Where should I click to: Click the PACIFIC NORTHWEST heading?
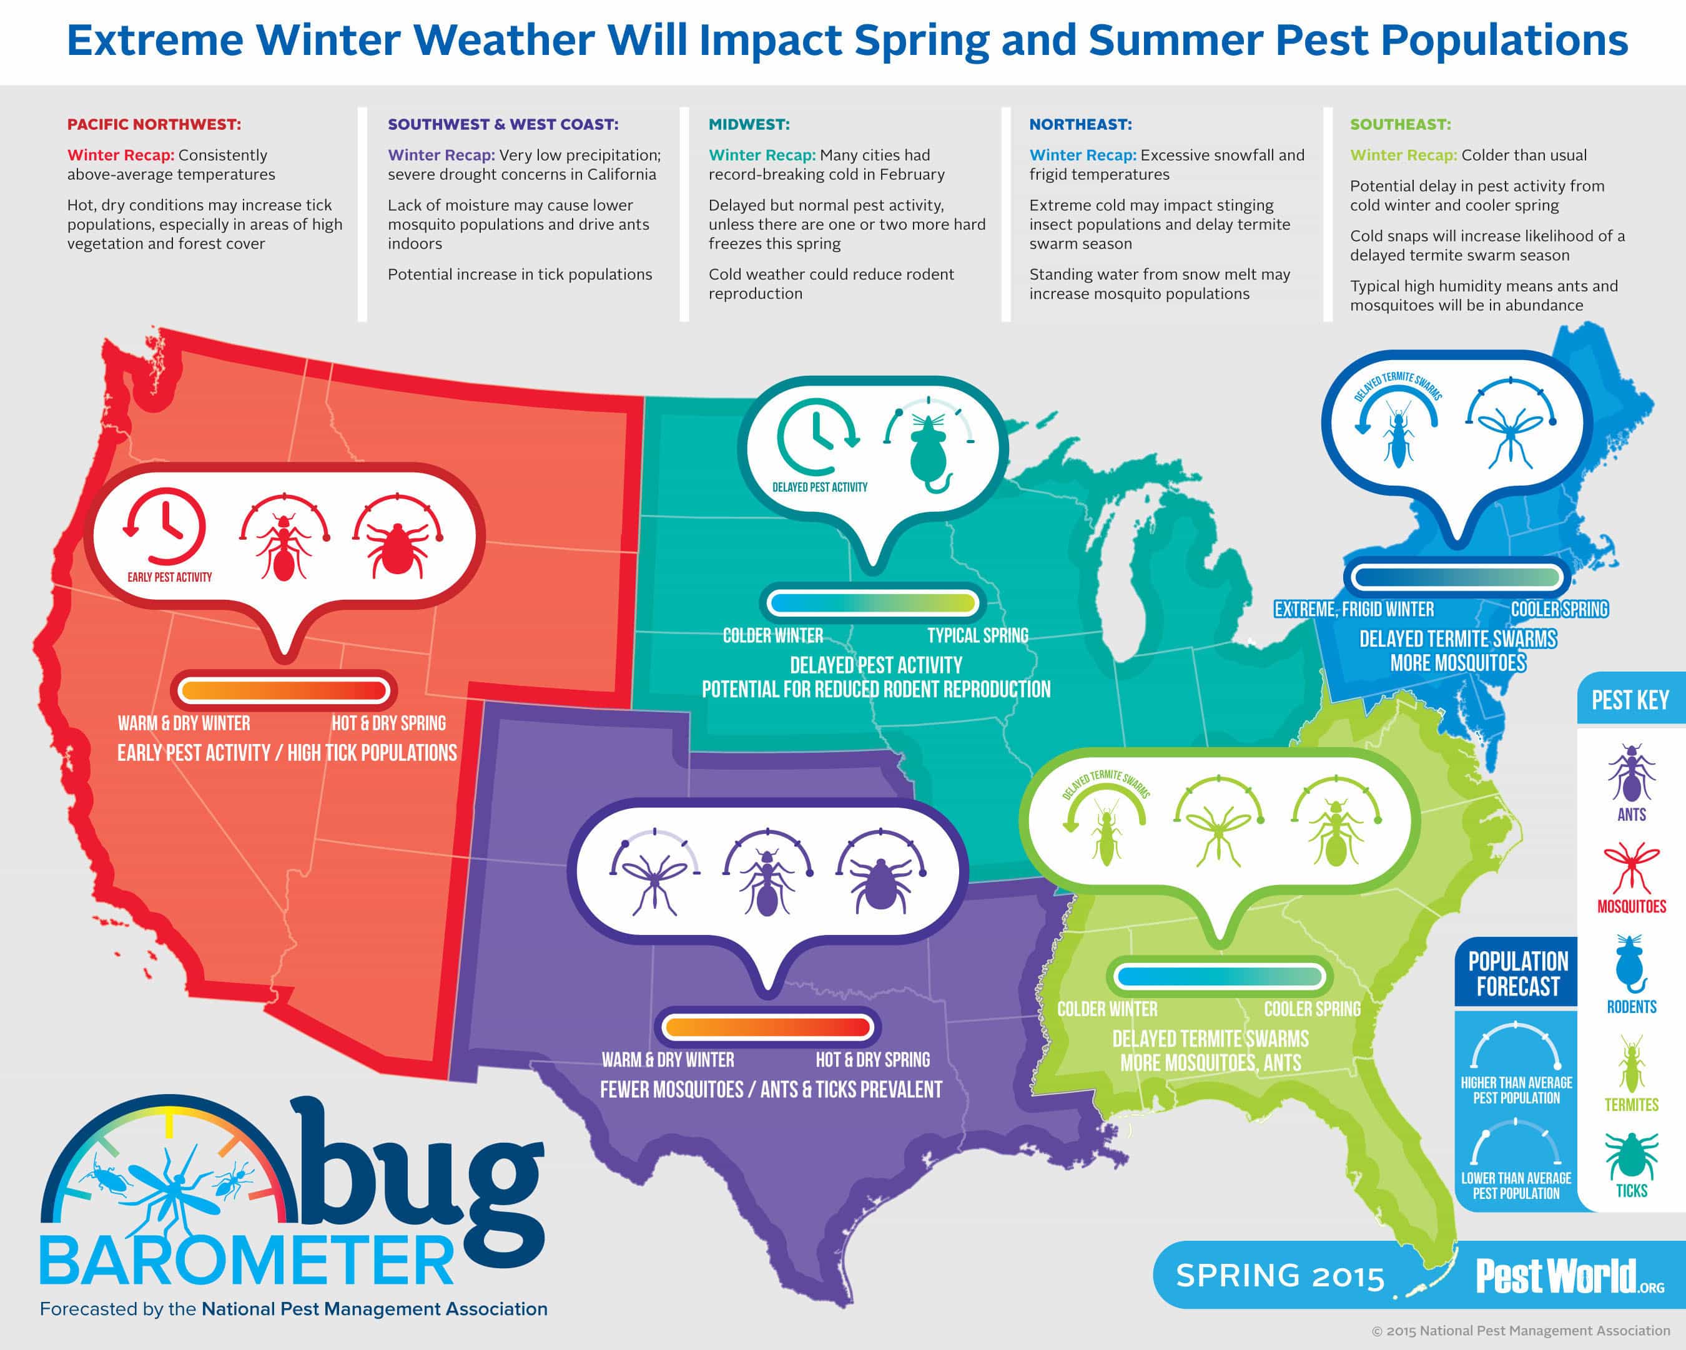pyautogui.click(x=154, y=124)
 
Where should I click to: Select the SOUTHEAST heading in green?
pyautogui.click(x=1400, y=124)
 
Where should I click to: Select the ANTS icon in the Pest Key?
pyautogui.click(x=1631, y=775)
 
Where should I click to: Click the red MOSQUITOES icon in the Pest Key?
pyautogui.click(x=1631, y=867)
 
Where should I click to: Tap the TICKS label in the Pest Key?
pyautogui.click(x=1631, y=1190)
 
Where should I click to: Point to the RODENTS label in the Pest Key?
pyautogui.click(x=1631, y=1006)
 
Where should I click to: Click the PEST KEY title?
pyautogui.click(x=1630, y=700)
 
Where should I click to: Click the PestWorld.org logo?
pyautogui.click(x=1569, y=1276)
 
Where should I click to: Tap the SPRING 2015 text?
pyautogui.click(x=1280, y=1276)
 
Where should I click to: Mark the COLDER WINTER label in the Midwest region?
pyautogui.click(x=772, y=635)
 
